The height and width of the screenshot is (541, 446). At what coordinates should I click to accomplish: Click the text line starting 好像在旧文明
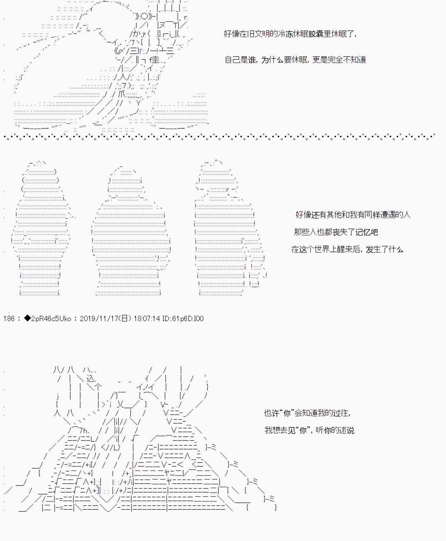click(290, 34)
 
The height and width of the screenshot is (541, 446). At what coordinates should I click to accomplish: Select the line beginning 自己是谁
click(295, 60)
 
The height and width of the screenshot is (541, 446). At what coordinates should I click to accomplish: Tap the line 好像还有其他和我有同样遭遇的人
click(353, 214)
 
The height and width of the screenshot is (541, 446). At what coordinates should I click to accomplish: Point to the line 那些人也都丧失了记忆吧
click(336, 232)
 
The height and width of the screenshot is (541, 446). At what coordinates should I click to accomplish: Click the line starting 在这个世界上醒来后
click(347, 249)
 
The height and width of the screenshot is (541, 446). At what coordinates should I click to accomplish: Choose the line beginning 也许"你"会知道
click(308, 413)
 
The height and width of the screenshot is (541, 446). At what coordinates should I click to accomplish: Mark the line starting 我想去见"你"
click(309, 430)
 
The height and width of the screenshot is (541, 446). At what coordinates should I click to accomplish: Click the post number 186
click(9, 319)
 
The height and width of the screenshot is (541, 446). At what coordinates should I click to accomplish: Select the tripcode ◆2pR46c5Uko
click(48, 319)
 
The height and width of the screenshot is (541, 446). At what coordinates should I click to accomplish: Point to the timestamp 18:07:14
click(147, 319)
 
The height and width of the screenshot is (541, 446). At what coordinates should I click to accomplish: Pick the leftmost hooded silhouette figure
click(41, 228)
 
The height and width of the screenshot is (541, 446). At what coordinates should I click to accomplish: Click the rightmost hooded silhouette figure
click(230, 228)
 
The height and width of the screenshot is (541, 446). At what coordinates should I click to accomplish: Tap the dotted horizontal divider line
click(219, 137)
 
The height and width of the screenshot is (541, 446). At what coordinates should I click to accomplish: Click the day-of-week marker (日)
click(125, 319)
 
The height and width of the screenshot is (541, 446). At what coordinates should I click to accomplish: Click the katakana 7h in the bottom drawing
click(83, 431)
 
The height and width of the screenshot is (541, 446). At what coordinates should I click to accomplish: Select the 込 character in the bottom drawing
click(91, 379)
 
